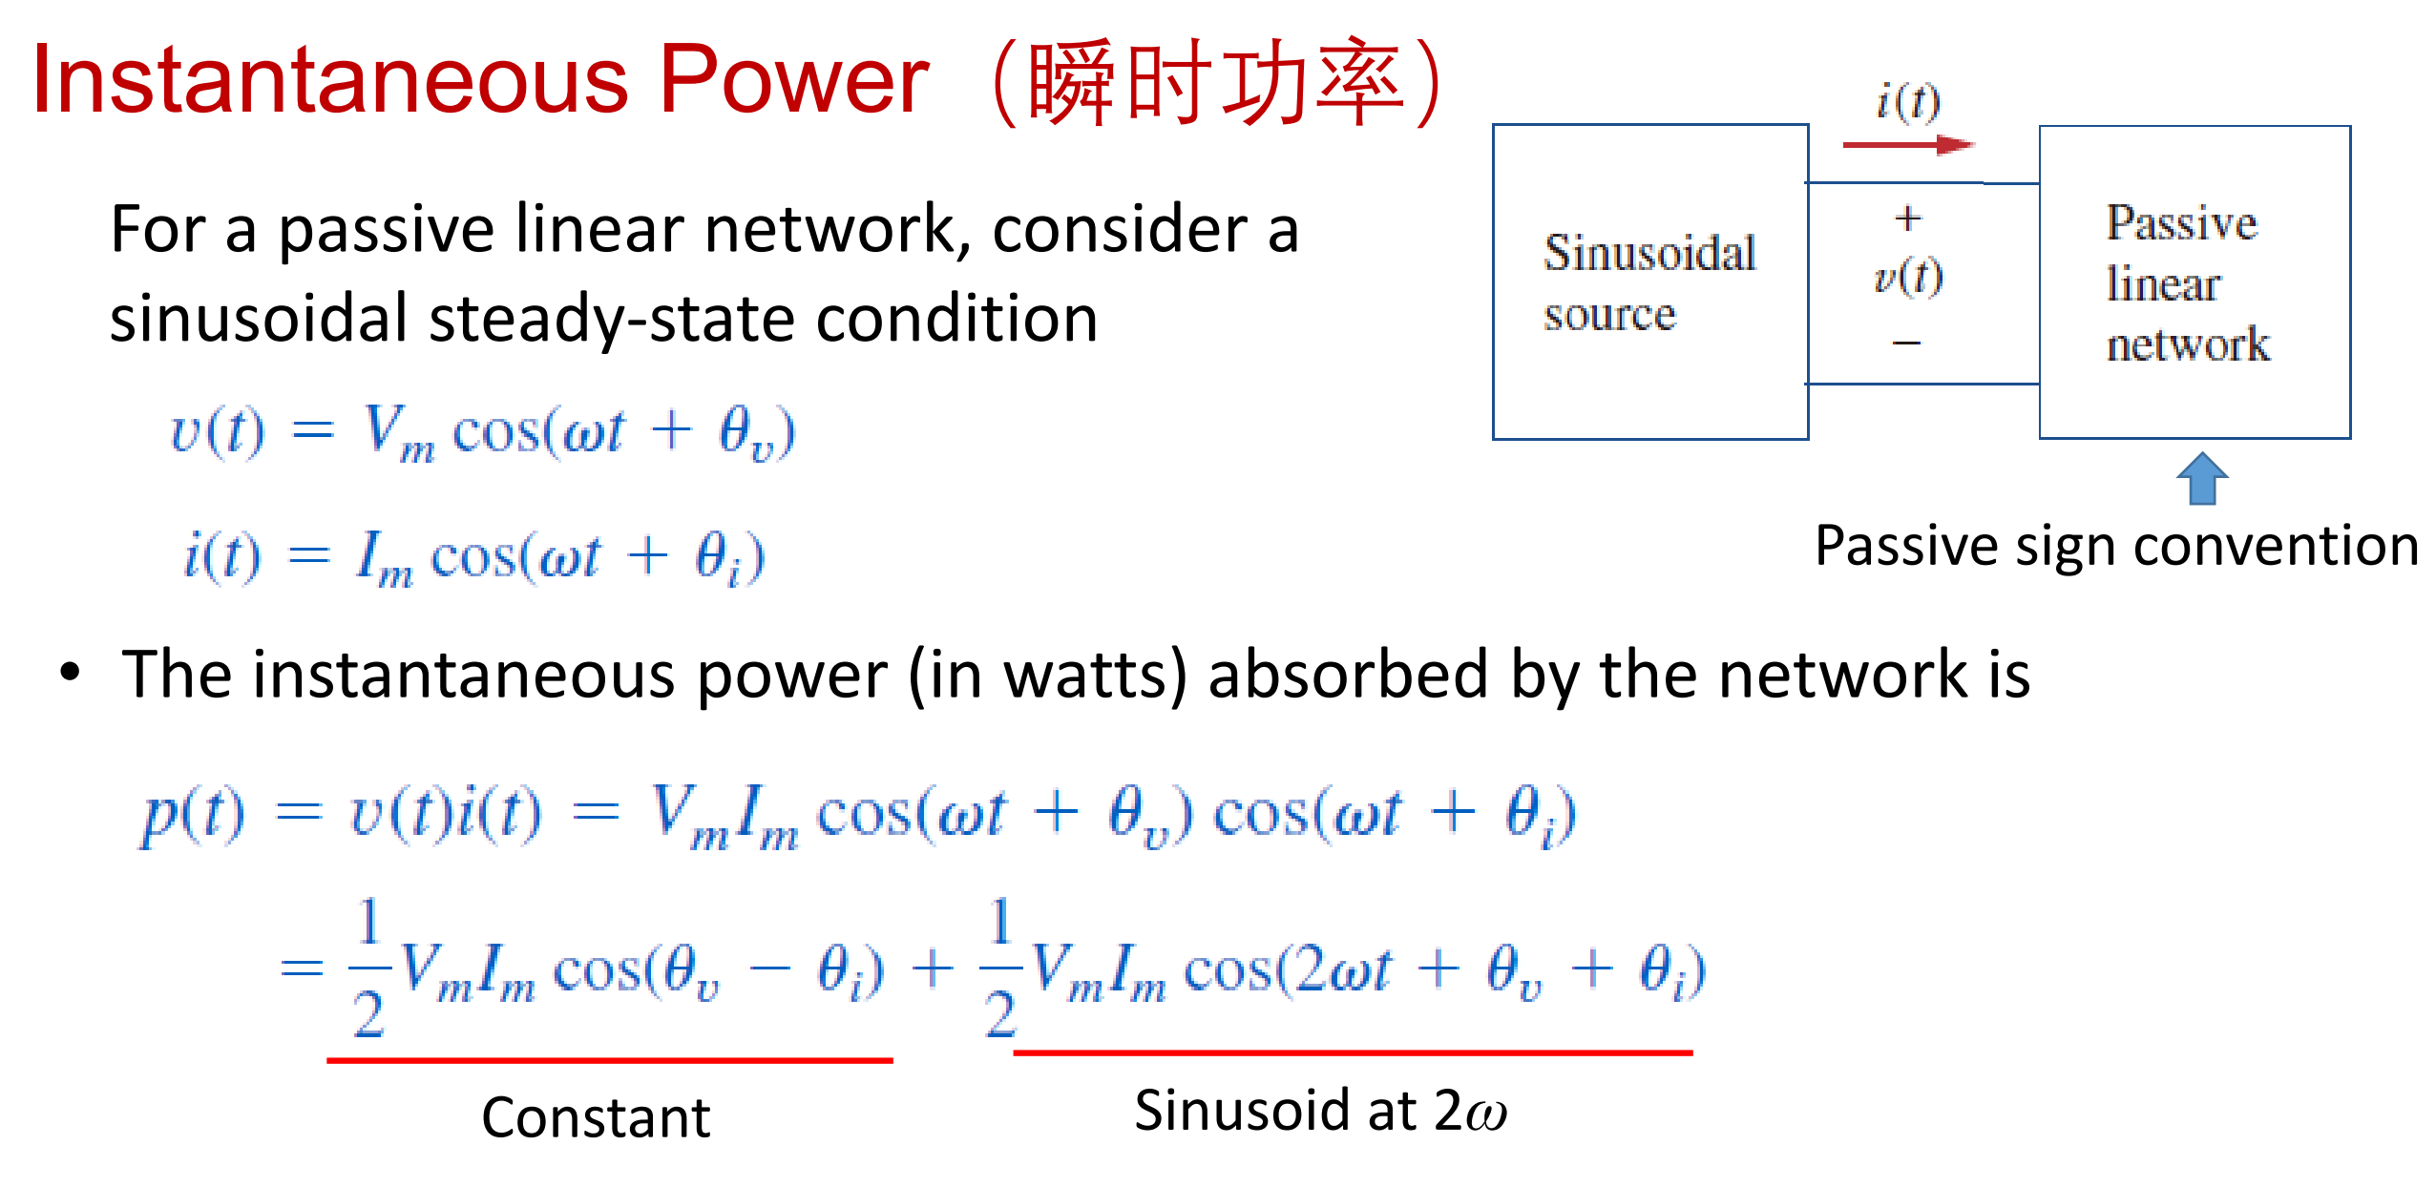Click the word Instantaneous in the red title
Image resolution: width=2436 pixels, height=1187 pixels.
click(330, 80)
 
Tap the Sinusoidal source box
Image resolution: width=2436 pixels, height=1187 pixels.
click(1649, 282)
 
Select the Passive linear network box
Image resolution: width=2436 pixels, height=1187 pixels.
click(2194, 282)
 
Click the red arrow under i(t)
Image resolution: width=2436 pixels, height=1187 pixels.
click(1907, 145)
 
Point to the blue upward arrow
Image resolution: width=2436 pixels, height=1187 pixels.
click(2202, 478)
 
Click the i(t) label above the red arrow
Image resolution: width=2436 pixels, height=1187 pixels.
click(1907, 101)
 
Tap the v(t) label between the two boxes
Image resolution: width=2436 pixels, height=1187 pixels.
click(1907, 277)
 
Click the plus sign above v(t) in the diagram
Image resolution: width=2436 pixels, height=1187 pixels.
click(1907, 219)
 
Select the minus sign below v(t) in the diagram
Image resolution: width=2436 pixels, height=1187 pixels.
click(1906, 342)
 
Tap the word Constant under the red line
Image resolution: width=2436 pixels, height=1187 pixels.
click(596, 1117)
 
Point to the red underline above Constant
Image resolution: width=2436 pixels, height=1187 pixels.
click(609, 1059)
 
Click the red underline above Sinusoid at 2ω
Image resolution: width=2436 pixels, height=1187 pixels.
click(1352, 1052)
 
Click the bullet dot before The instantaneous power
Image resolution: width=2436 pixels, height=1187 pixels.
click(70, 672)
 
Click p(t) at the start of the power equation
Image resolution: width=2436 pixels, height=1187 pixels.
click(192, 816)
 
